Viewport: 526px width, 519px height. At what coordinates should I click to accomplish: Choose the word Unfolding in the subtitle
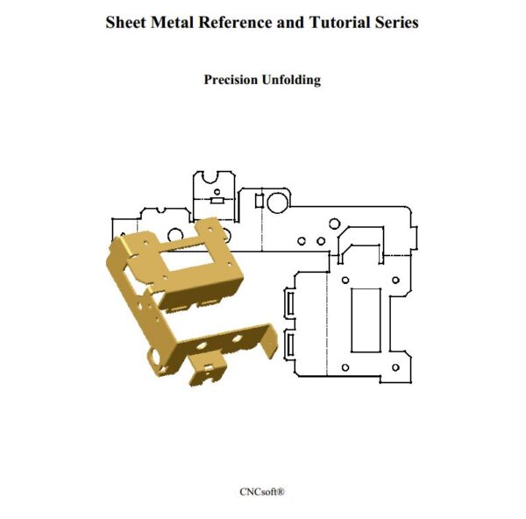point(293,80)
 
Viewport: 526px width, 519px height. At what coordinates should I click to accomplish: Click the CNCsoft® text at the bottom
point(262,492)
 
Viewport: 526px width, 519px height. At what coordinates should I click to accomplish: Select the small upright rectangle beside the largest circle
point(259,201)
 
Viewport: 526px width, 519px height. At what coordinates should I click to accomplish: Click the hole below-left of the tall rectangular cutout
point(345,367)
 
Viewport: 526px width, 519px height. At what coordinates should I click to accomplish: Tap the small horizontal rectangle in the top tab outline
point(217,201)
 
